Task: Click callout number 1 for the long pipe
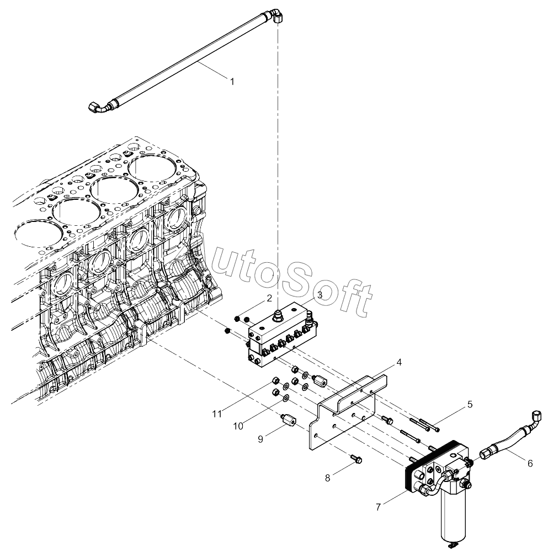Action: coord(232,82)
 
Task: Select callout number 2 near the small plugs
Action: coord(269,298)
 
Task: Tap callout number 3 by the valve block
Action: coord(320,295)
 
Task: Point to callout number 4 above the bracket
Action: coord(399,362)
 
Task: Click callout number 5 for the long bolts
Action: coord(470,405)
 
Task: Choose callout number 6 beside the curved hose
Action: coord(530,464)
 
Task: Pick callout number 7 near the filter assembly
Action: coord(379,507)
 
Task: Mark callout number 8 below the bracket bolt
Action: coord(327,478)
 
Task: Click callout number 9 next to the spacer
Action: coord(260,439)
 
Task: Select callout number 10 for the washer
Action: coord(238,426)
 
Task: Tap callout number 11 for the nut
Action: coord(217,414)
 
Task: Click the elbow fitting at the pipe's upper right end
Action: coord(277,16)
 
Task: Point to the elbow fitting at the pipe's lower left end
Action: coord(97,107)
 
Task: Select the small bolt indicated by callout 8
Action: coord(356,458)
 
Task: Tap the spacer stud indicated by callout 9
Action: coord(289,419)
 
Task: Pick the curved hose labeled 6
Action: coord(509,437)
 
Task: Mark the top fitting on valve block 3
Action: coord(278,313)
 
